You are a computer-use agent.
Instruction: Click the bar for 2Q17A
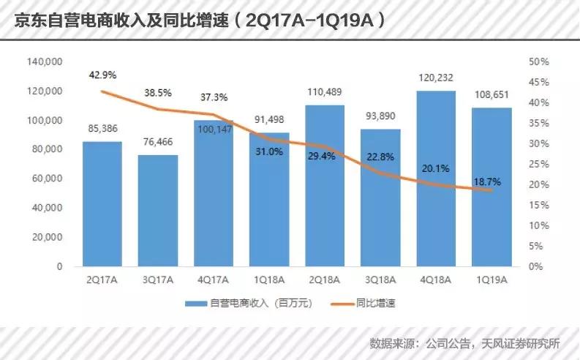pyautogui.click(x=102, y=204)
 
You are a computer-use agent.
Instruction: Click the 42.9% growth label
pyautogui.click(x=102, y=75)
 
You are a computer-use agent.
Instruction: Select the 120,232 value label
pyautogui.click(x=437, y=75)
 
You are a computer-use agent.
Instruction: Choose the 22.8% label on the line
pyautogui.click(x=381, y=156)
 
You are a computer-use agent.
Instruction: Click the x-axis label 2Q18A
pyautogui.click(x=325, y=279)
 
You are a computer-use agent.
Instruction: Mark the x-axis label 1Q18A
pyautogui.click(x=270, y=279)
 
